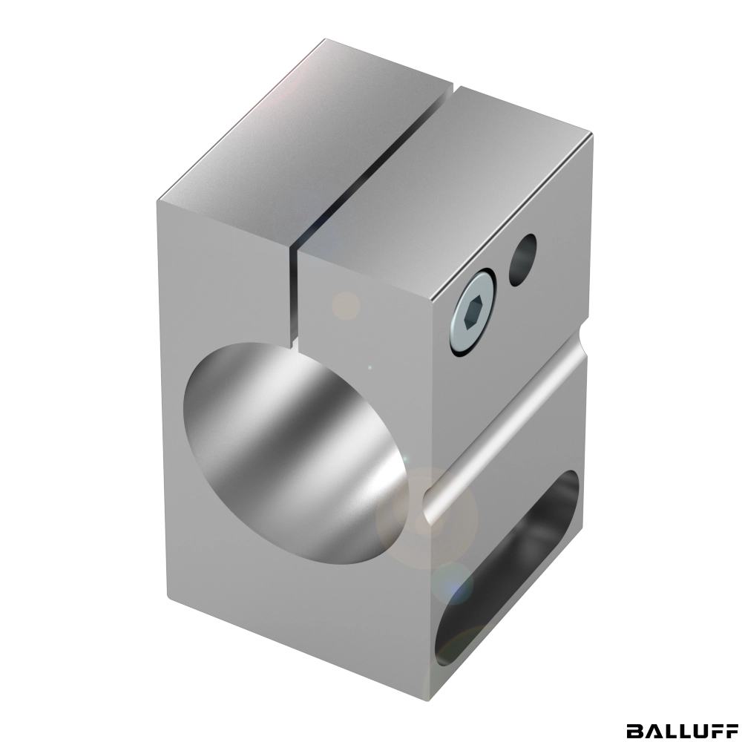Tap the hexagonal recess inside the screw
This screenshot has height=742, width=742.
click(x=472, y=314)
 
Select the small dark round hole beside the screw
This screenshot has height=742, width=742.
click(x=523, y=260)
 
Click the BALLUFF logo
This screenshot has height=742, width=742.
click(x=682, y=729)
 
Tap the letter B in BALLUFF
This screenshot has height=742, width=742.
click(x=634, y=729)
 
